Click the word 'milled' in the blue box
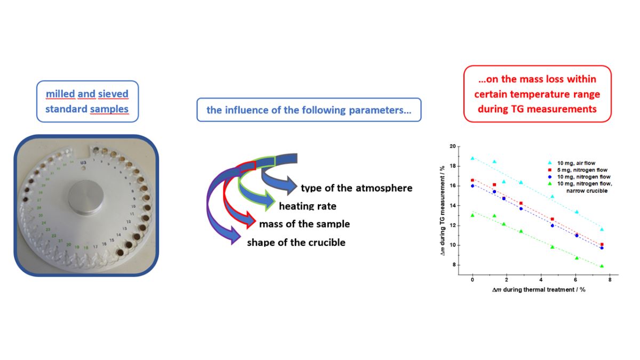click(60, 94)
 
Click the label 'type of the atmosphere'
click(356, 188)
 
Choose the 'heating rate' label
click(308, 206)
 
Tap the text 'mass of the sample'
click(304, 224)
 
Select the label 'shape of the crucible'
click(296, 243)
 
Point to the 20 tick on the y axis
click(452, 146)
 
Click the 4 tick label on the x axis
click(541, 280)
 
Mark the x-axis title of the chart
click(533, 290)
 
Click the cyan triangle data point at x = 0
click(473, 158)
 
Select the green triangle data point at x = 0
click(473, 215)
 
